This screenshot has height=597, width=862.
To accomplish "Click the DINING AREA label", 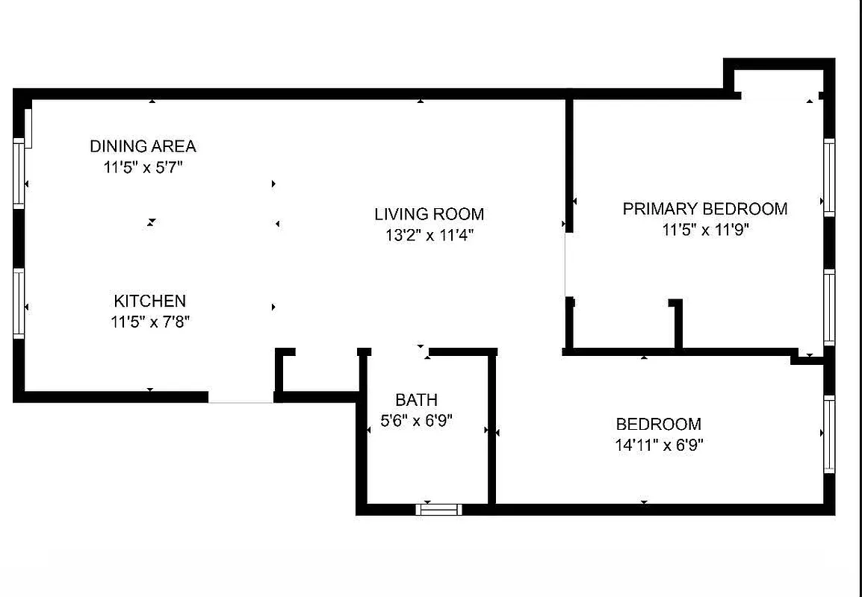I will (143, 146).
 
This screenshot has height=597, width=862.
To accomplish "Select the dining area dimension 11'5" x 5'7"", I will (143, 168).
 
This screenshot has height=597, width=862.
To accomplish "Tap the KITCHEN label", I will (149, 301).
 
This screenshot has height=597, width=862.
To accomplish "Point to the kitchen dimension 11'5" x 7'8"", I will (149, 322).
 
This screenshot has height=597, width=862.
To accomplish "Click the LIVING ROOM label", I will (429, 214).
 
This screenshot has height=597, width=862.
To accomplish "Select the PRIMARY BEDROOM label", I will (704, 209).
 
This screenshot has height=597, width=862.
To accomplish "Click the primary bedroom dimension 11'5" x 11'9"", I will (704, 231).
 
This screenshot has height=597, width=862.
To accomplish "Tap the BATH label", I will (416, 400).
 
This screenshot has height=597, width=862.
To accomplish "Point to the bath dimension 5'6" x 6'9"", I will (416, 422).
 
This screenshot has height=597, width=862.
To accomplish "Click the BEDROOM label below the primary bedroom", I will (658, 425).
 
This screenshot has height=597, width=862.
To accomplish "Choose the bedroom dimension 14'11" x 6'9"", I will (658, 446).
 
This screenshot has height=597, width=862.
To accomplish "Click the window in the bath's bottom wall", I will (438, 510).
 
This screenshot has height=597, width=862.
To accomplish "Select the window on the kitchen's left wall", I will (19, 303).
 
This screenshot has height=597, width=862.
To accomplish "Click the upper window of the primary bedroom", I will (828, 178).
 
